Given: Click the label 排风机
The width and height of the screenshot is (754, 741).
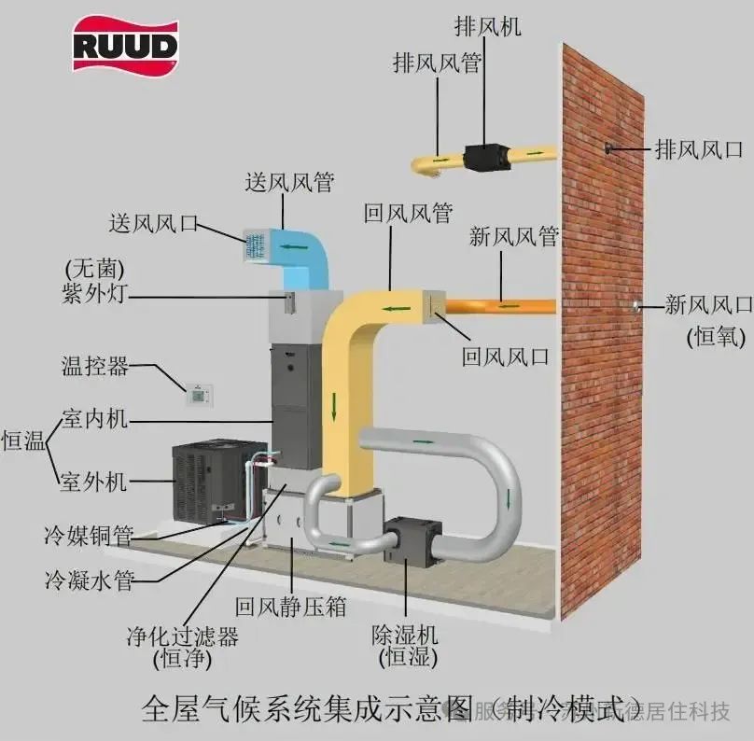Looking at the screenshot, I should (x=488, y=26).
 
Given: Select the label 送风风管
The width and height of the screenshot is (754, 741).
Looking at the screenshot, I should (x=288, y=182).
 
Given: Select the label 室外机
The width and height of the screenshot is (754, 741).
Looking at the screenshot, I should (x=93, y=482).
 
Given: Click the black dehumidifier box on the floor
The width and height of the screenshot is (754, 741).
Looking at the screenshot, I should (x=411, y=540).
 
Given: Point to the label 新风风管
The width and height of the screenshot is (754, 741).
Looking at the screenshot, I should (x=513, y=236).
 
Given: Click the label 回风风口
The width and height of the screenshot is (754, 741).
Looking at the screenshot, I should (x=506, y=356).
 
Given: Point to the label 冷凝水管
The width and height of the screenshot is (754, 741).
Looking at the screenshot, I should (x=89, y=580).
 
